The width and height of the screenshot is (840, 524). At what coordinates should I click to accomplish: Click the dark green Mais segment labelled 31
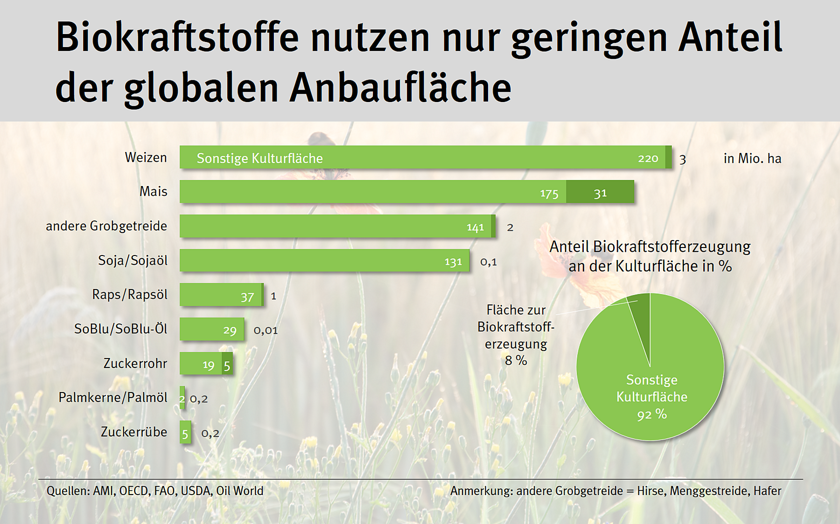(x=600, y=192)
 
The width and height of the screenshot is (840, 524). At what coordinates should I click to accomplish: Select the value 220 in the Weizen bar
(x=648, y=159)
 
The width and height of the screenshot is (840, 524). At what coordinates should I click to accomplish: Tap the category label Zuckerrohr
(x=135, y=363)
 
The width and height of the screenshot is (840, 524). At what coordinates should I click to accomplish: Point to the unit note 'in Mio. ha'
(x=752, y=159)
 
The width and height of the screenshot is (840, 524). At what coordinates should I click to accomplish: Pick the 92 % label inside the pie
(x=652, y=414)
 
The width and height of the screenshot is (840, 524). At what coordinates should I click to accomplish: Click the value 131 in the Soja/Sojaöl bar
(x=453, y=262)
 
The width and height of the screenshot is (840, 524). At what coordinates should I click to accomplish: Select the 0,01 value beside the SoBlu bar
(x=266, y=330)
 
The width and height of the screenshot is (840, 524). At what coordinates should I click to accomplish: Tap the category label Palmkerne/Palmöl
(x=112, y=397)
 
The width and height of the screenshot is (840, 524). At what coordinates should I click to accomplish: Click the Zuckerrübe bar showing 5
(x=185, y=433)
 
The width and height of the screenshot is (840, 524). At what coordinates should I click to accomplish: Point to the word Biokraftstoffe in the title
(x=177, y=37)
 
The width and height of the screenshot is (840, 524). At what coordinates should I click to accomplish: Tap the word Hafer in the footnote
(x=767, y=491)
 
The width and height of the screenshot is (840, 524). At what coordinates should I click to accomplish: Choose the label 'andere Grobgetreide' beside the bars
(x=106, y=226)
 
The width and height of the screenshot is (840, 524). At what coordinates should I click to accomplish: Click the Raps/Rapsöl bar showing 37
(x=221, y=295)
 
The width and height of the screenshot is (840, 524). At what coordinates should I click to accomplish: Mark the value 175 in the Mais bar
(x=549, y=193)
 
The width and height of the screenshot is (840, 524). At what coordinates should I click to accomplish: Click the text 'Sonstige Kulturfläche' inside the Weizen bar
(x=259, y=159)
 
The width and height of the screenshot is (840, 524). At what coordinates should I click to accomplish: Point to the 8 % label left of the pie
(x=516, y=360)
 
